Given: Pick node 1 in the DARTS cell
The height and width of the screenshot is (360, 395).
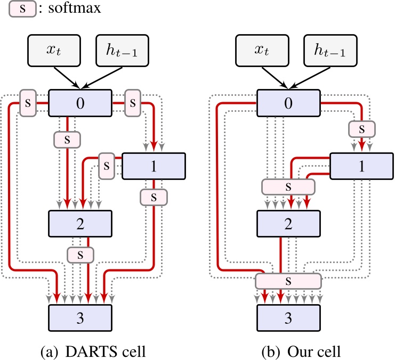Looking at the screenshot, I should tap(154, 166).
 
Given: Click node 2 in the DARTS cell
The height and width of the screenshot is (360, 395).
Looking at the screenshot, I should tap(80, 224).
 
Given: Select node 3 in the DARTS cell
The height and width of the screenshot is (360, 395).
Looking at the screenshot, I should tap(80, 318).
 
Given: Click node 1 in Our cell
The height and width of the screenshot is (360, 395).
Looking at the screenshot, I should tap(362, 166).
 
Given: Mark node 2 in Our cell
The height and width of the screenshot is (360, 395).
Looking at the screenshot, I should tap(288, 224).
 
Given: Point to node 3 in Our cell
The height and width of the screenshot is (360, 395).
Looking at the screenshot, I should tap(288, 318).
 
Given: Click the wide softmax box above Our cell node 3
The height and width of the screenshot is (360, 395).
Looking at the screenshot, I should tap(288, 280).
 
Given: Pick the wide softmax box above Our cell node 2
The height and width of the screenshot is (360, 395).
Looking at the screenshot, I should tap(288, 187).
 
